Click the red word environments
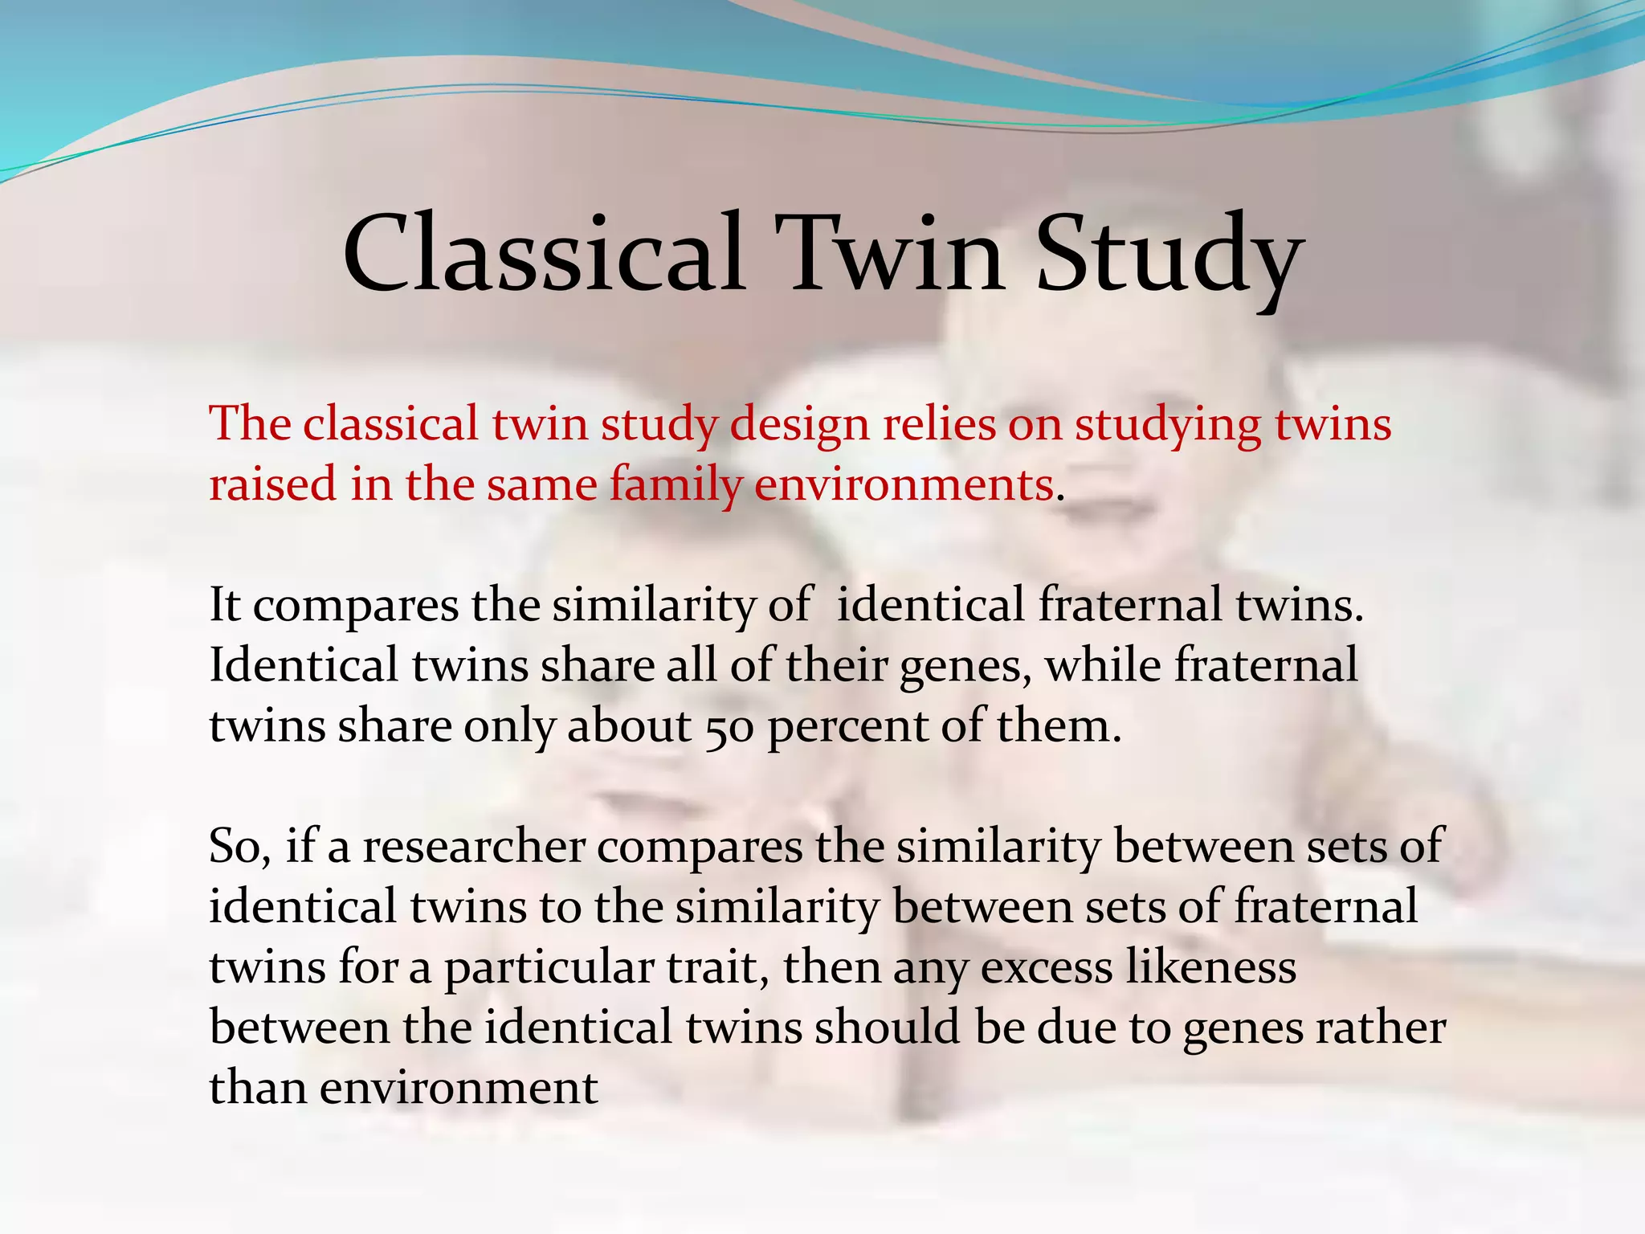tap(904, 484)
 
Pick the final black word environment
tap(459, 1089)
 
